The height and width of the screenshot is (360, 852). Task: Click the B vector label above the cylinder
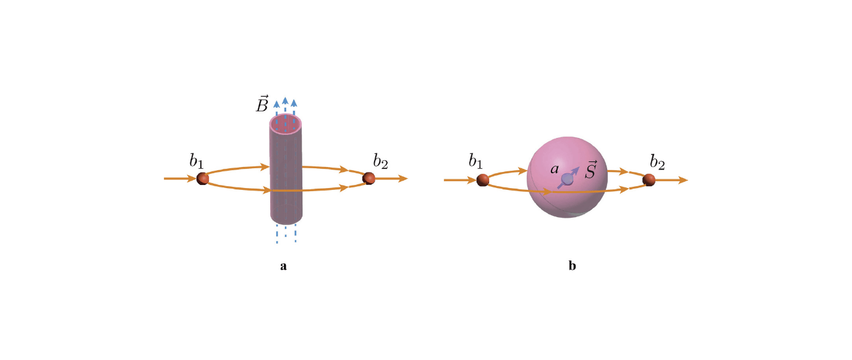[262, 103]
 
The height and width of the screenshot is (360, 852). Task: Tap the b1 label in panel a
[196, 161]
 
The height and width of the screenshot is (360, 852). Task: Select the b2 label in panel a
[380, 161]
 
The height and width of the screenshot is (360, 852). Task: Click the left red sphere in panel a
[203, 179]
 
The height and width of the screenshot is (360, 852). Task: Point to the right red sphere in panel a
[369, 178]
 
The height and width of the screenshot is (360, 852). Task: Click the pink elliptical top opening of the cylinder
[286, 124]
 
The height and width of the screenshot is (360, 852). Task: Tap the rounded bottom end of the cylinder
[286, 218]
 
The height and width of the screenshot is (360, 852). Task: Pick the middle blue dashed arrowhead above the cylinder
[285, 101]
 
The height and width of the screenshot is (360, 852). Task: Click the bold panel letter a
[283, 266]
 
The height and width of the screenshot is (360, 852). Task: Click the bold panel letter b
[572, 265]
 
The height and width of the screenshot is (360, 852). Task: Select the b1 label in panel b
[475, 161]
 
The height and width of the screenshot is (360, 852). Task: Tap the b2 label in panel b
[657, 161]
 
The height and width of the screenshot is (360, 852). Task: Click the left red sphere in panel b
[483, 180]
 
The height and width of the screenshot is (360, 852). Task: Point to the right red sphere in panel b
[649, 179]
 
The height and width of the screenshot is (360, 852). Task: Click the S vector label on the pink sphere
[590, 170]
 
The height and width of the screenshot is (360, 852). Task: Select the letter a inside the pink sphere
[555, 169]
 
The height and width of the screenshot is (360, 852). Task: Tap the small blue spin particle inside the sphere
[567, 179]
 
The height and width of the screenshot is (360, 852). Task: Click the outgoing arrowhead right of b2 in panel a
[403, 178]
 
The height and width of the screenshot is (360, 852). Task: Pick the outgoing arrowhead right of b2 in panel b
[683, 179]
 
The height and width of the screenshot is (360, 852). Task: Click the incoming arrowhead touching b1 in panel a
[191, 179]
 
